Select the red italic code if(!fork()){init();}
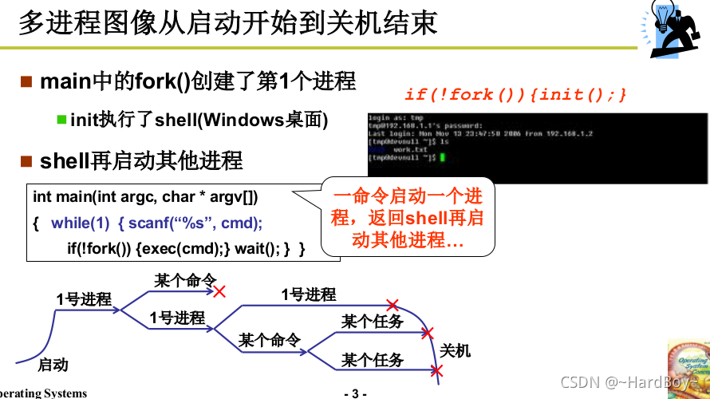tap(515, 94)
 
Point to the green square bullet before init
tap(61, 120)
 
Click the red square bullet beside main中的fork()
tap(26, 81)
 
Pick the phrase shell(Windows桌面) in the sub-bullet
tap(241, 120)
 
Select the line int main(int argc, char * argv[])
tap(145, 196)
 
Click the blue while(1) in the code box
tap(80, 223)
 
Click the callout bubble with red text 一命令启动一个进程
tap(408, 217)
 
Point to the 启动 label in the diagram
tap(53, 365)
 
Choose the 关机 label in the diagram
tap(456, 351)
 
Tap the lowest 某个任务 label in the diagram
tap(373, 361)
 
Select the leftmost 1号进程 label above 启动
tap(84, 299)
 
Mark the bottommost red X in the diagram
tap(436, 370)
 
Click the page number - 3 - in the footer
tap(354, 393)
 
